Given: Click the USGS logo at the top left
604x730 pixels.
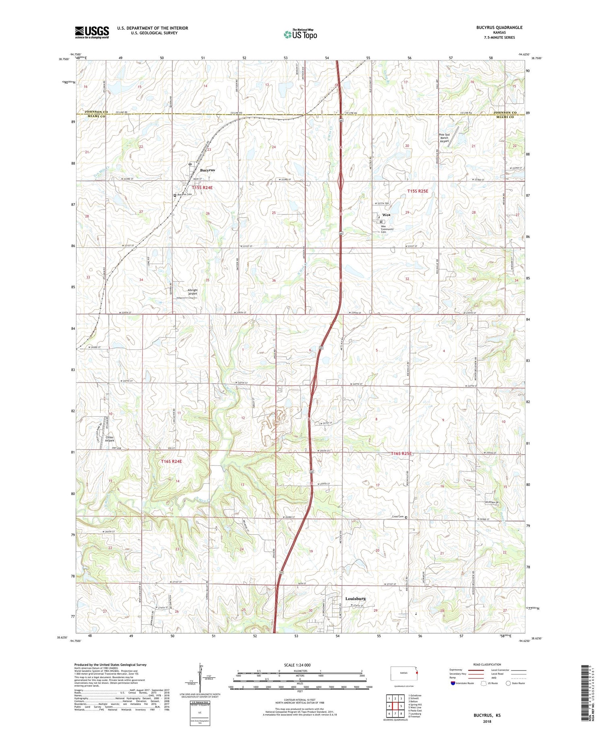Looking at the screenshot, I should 92,32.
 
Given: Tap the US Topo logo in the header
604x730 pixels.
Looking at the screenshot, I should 300,35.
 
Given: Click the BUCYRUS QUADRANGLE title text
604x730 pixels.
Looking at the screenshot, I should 501,27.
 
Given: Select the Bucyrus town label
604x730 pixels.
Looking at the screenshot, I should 207,170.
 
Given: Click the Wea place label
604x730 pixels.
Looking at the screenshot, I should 387,215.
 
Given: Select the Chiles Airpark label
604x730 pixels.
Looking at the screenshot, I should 110,439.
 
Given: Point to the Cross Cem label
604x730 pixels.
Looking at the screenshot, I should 397,517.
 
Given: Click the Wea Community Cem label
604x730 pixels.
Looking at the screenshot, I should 387,229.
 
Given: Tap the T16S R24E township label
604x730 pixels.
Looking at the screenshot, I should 171,461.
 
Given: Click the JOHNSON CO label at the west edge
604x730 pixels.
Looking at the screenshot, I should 96,112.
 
